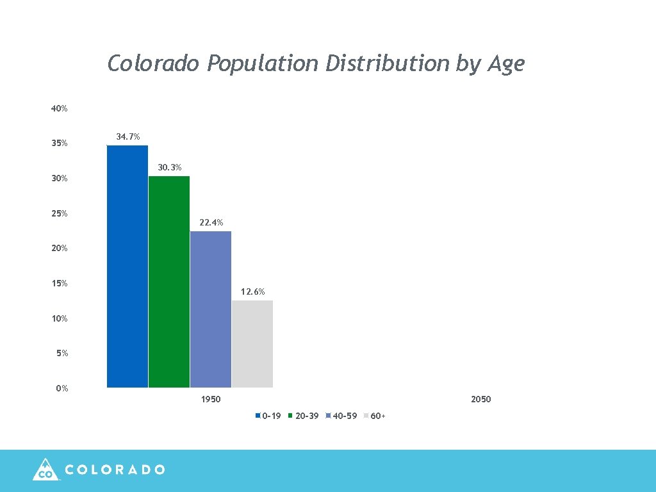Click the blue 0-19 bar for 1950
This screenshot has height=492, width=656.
tap(127, 266)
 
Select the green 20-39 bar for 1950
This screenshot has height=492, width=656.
tap(169, 282)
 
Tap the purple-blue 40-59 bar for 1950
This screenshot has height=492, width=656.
tap(211, 309)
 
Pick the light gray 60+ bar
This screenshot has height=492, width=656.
tap(252, 344)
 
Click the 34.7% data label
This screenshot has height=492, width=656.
tap(128, 137)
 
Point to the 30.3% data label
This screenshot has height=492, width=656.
tap(170, 168)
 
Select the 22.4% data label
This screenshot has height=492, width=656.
tap(211, 223)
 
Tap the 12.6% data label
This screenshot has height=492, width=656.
tap(253, 292)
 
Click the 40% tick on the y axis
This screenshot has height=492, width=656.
tap(60, 109)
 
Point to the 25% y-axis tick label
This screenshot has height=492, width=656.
tap(60, 213)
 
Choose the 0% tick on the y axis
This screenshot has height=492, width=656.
tap(61, 389)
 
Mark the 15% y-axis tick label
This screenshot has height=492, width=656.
tap(60, 284)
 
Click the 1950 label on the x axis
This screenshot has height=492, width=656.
tap(211, 400)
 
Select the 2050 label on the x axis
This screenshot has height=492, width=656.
tap(480, 400)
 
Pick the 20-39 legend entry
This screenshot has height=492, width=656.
tap(306, 416)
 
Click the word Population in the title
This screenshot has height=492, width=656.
tap(263, 64)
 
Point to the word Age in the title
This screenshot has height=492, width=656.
tap(505, 64)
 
